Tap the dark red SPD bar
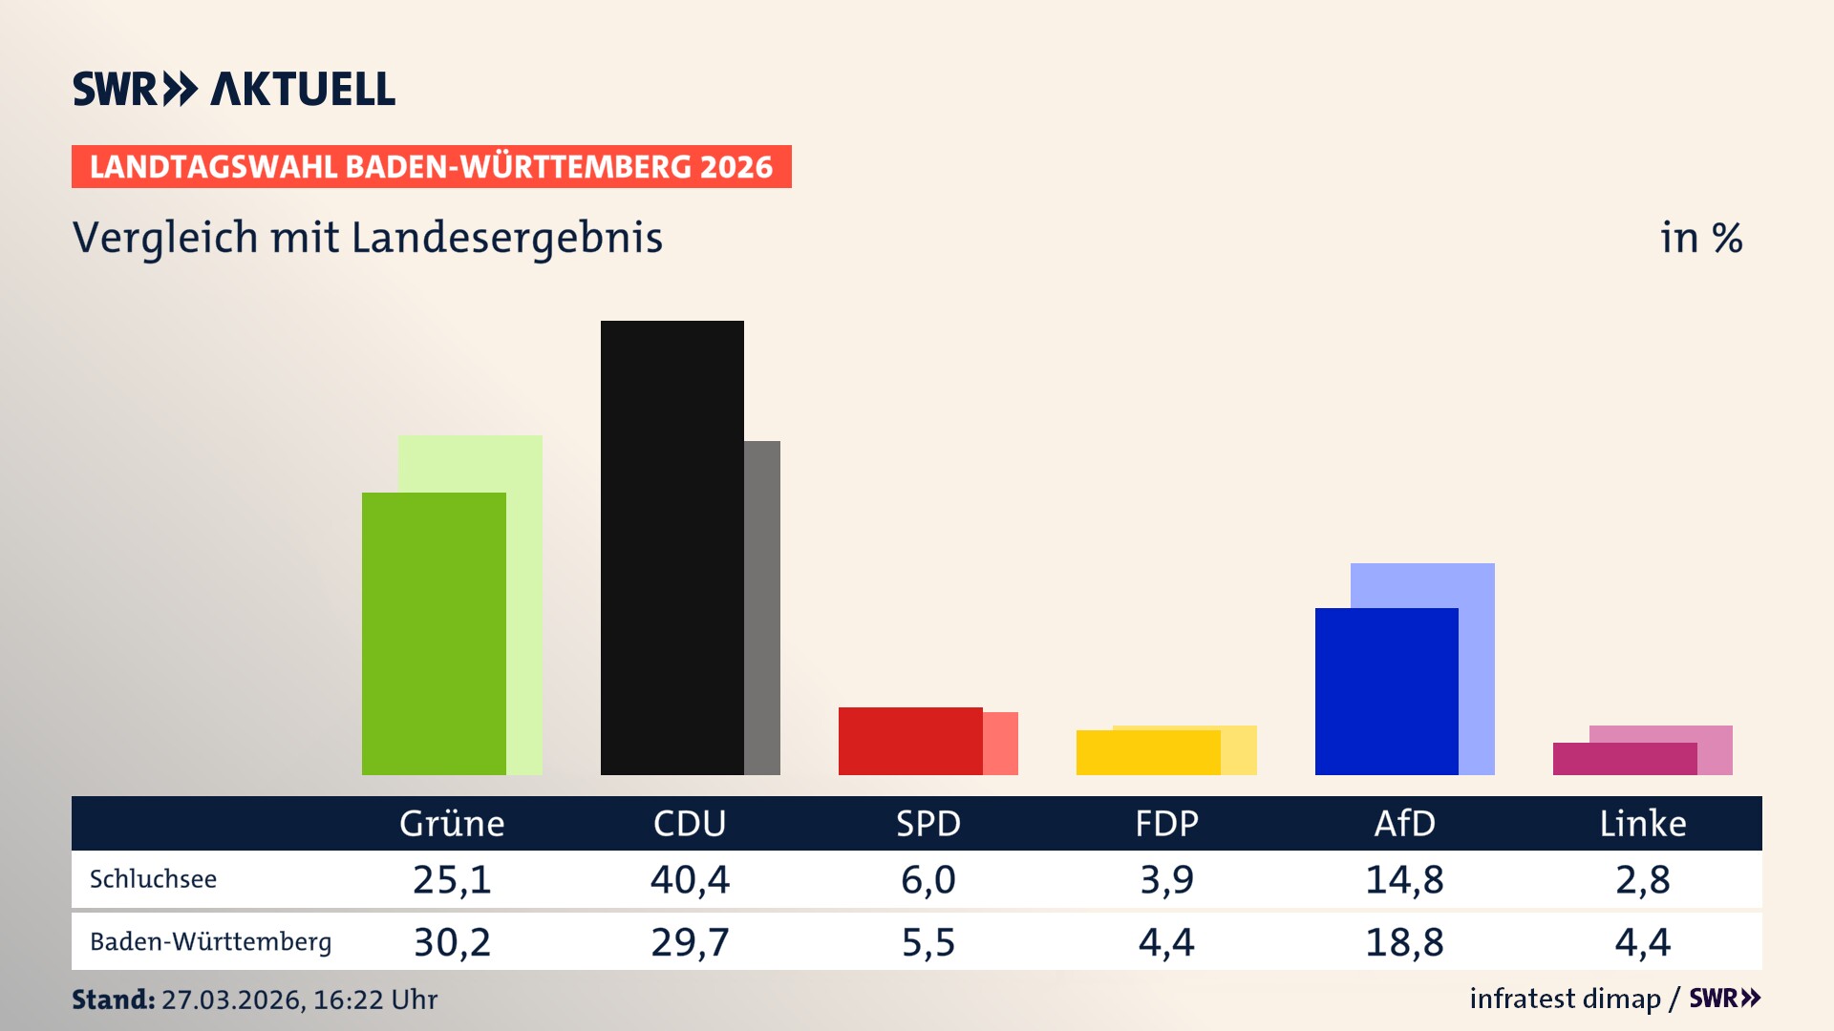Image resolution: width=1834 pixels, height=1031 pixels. (909, 741)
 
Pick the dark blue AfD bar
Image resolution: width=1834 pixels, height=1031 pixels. (1386, 691)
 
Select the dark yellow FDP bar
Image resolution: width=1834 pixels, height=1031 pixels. (1147, 752)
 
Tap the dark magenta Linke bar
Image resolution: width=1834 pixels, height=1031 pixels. (1624, 759)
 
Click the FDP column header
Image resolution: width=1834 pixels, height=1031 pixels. (1166, 823)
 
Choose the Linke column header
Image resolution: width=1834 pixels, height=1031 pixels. (1643, 823)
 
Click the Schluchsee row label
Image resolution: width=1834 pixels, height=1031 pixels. (153, 879)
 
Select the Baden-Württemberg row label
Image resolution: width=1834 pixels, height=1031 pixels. (210, 942)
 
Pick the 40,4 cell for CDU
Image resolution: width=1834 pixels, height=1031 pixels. (690, 879)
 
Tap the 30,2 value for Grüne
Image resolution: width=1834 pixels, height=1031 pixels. (452, 942)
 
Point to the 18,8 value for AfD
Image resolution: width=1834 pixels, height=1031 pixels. (1404, 942)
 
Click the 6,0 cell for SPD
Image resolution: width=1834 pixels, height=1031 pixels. (928, 879)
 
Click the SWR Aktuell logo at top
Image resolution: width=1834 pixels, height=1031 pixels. (234, 89)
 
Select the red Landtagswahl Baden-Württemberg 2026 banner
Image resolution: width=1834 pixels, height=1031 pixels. (431, 166)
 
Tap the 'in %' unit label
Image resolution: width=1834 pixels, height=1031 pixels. (1701, 238)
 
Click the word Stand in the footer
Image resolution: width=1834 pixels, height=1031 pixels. (113, 999)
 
